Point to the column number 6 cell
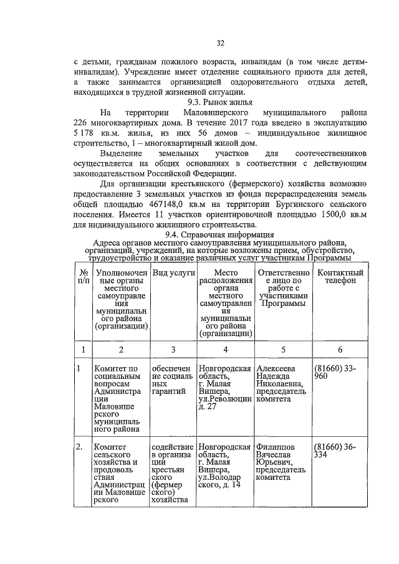point(340,349)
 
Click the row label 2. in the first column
point(80,447)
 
